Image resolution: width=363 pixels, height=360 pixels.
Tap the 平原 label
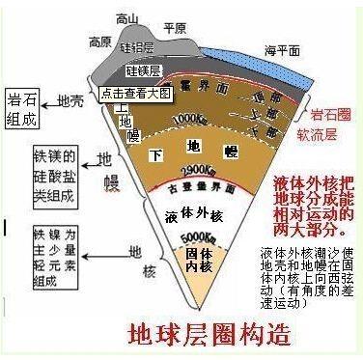(x=175, y=29)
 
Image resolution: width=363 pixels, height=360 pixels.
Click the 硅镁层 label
(x=144, y=71)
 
